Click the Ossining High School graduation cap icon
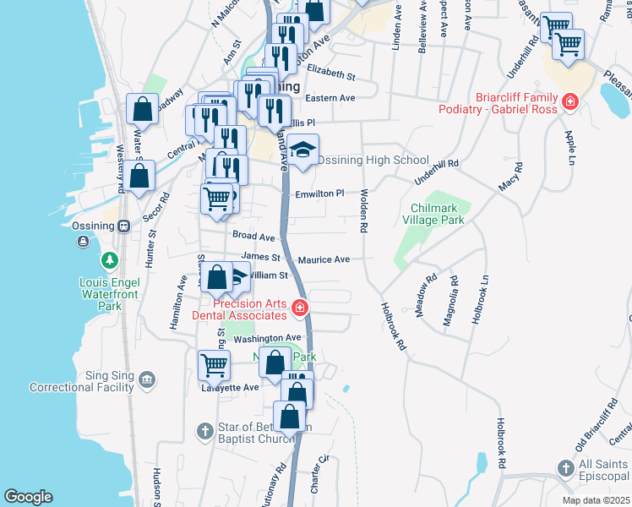tap(302, 150)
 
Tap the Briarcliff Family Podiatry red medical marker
tap(570, 102)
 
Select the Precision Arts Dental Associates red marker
tap(298, 308)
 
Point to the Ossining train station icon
tap(123, 226)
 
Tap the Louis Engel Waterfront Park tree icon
tap(107, 259)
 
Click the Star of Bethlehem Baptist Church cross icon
tap(204, 432)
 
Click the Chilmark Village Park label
tap(437, 214)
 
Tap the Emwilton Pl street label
tap(319, 194)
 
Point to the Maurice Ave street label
tap(324, 259)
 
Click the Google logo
tap(28, 496)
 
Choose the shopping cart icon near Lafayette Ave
tap(214, 366)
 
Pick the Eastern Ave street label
tap(330, 98)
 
